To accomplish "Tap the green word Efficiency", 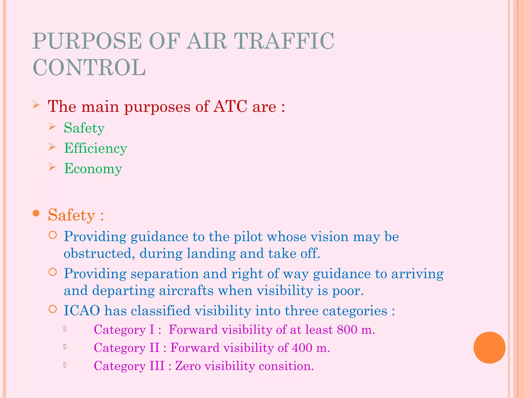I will coord(96,148).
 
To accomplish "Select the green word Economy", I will coord(93,169).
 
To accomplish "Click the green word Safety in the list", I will coord(84,128).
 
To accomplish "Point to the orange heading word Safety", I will coord(72,215).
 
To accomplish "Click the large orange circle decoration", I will coord(489,347).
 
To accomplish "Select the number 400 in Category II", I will coord(302,348).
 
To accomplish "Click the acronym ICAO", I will coord(82,310).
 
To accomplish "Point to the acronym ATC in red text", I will coord(230,106).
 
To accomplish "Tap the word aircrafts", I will coord(186,290).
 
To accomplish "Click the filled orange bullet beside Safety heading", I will coord(36,214).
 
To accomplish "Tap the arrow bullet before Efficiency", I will coord(52,147).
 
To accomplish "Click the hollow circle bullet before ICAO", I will coord(53,309).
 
